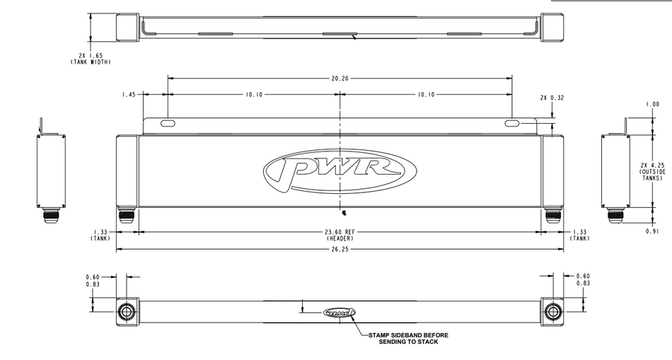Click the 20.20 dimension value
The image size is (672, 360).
click(x=340, y=79)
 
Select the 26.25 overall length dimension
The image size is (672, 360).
click(x=340, y=249)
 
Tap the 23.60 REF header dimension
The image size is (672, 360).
click(x=340, y=235)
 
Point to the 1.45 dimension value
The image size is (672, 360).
click(x=129, y=94)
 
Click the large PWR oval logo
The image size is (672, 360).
click(x=340, y=171)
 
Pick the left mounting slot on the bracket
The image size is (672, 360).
click(x=168, y=124)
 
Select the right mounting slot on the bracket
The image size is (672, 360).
click(x=512, y=124)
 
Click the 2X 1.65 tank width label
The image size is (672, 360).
click(x=91, y=59)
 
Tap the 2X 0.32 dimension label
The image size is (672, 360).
click(x=552, y=98)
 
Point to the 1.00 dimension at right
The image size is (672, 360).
click(x=652, y=104)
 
